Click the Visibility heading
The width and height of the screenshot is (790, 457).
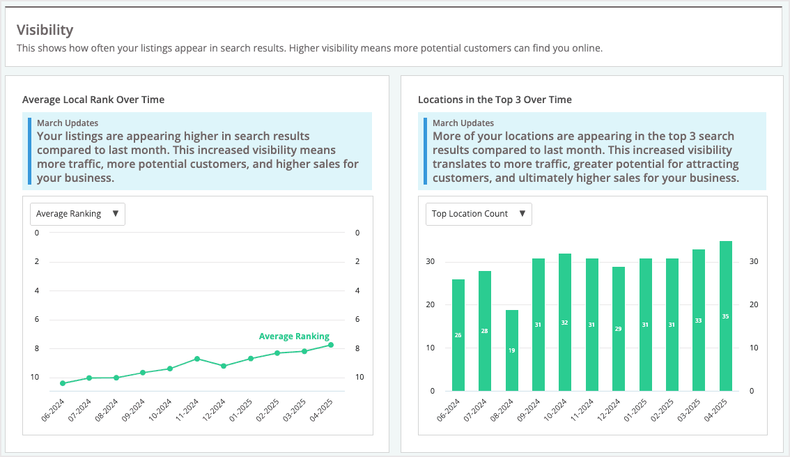pyautogui.click(x=45, y=30)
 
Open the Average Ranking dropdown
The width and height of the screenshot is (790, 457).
pyautogui.click(x=77, y=214)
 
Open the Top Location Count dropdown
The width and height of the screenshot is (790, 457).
pyautogui.click(x=479, y=214)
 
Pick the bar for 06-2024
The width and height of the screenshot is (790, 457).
pyautogui.click(x=458, y=335)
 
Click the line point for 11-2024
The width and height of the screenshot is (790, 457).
pyautogui.click(x=197, y=359)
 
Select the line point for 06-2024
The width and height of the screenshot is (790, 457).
pyautogui.click(x=63, y=383)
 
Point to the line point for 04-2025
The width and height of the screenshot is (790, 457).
pyautogui.click(x=331, y=345)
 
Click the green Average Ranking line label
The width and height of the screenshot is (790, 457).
pyautogui.click(x=294, y=336)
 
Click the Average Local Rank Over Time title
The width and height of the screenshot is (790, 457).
pyautogui.click(x=93, y=100)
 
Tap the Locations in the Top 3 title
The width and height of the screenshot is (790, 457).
pyautogui.click(x=495, y=100)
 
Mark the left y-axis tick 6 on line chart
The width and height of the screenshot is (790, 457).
pyautogui.click(x=36, y=319)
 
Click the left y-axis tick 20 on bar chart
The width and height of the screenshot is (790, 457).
pyautogui.click(x=431, y=304)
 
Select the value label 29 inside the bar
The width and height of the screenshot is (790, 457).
pyautogui.click(x=618, y=328)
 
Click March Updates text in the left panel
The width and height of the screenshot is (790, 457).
pyautogui.click(x=68, y=123)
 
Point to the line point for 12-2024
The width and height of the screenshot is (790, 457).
pyautogui.click(x=224, y=366)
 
